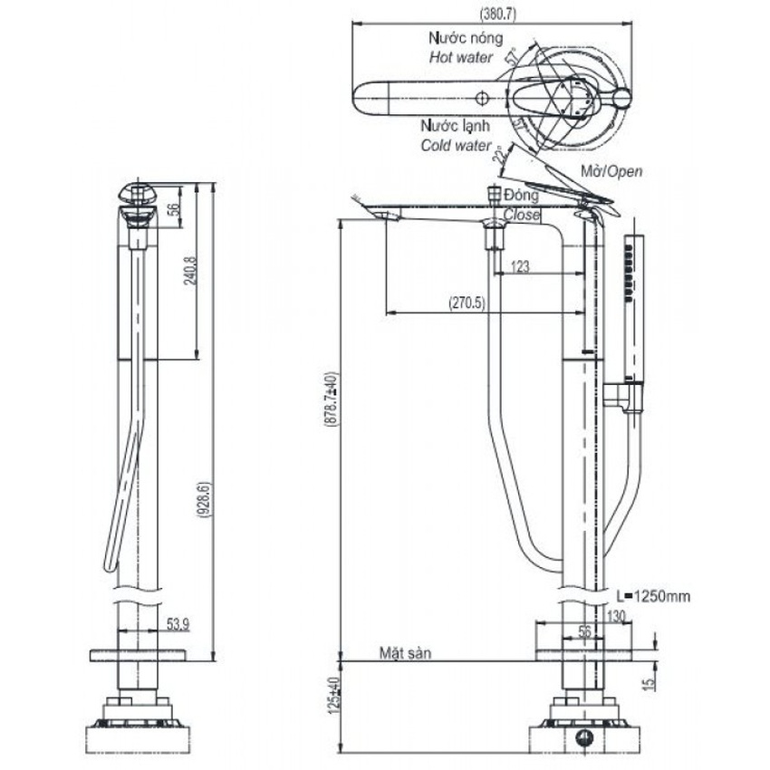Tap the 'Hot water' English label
pos(460,57)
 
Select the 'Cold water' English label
pos(456,145)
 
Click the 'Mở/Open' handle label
pos(612,171)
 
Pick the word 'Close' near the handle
pos(521,216)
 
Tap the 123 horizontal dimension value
pos(520,267)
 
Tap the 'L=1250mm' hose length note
pos(652,596)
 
